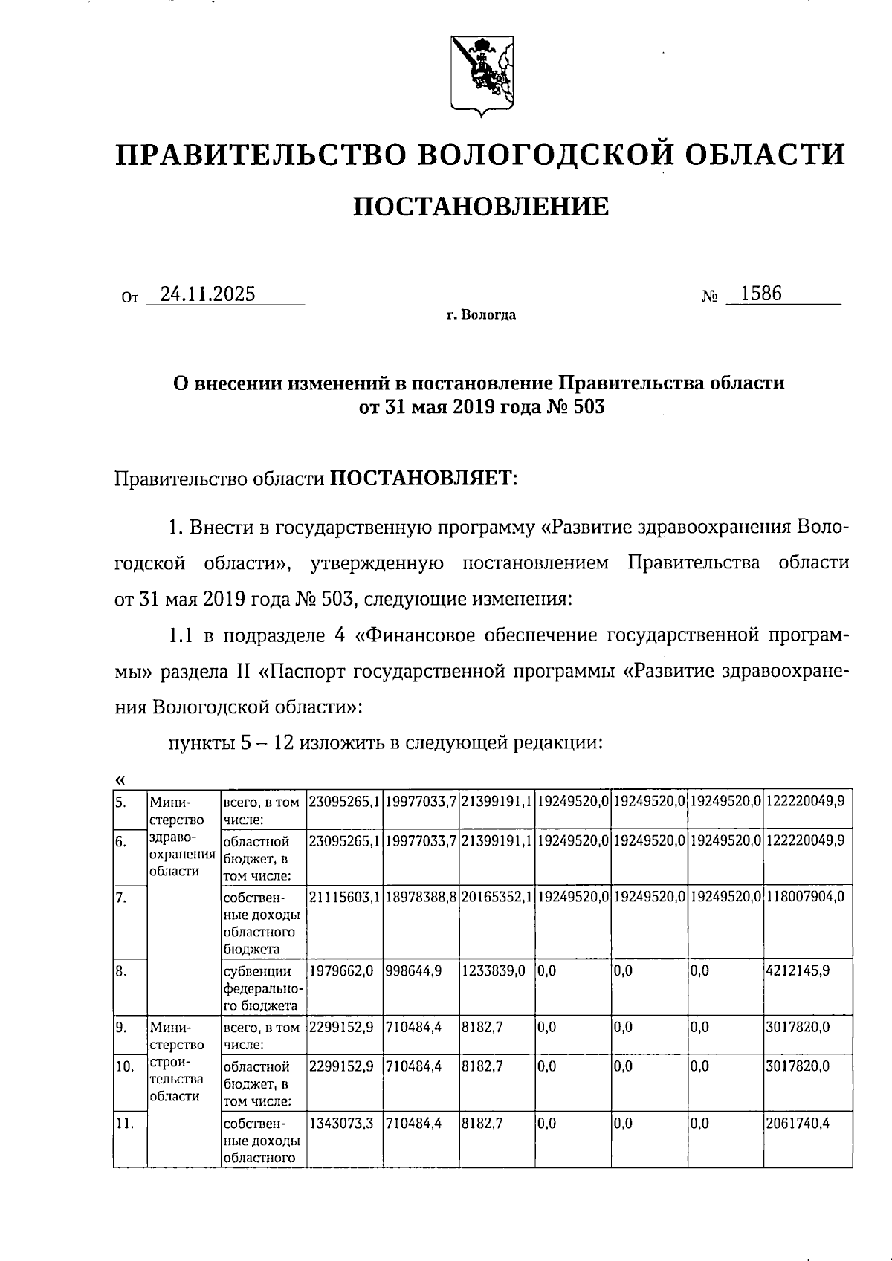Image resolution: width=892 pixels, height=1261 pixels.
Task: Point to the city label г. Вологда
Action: pos(481,315)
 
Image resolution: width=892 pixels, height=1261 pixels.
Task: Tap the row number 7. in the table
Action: pos(121,897)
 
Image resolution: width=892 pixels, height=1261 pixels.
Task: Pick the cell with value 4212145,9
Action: pos(798,970)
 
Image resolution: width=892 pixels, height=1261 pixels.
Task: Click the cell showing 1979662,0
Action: pos(340,970)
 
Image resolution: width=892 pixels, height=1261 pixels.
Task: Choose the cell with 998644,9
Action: pos(413,970)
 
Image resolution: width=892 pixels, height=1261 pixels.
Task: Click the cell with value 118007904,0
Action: pos(805,897)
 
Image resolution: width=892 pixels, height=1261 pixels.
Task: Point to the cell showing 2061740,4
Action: pos(798,1124)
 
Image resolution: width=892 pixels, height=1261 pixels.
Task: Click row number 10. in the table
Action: pos(124,1066)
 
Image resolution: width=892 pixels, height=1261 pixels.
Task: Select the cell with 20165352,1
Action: pos(496,897)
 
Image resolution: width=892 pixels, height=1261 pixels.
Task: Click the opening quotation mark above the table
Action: pos(120,779)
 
